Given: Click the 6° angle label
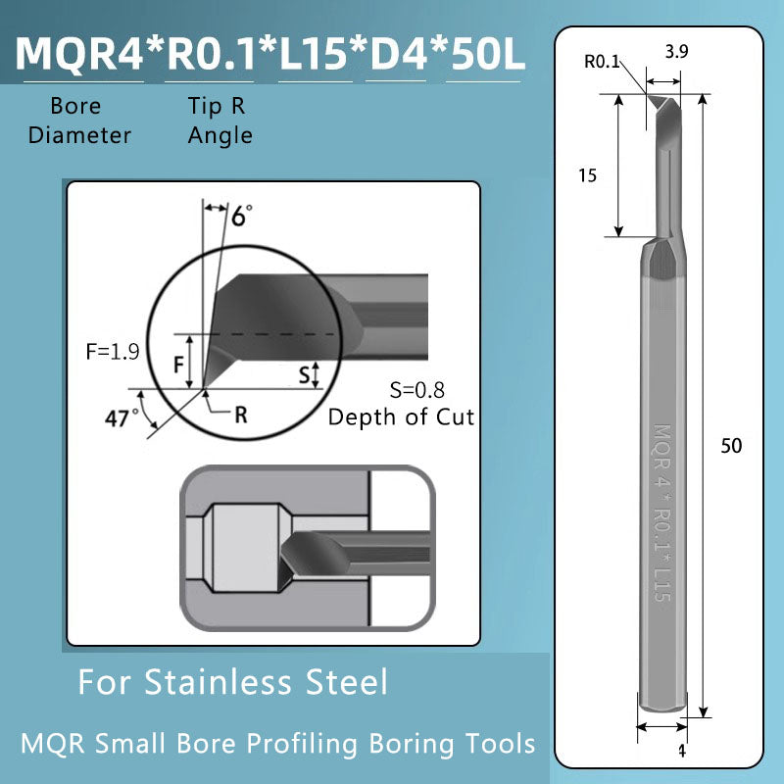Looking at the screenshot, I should (241, 216).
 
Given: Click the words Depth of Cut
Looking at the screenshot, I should (401, 416).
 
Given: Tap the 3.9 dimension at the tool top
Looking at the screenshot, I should (676, 79).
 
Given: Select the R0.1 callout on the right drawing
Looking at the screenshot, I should (602, 62).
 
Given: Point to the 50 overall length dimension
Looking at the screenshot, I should (731, 445).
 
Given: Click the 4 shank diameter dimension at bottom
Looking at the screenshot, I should (681, 752).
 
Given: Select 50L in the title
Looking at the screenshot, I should (486, 54).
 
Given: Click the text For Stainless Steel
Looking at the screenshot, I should (232, 681).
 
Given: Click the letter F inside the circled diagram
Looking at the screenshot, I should (179, 365).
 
